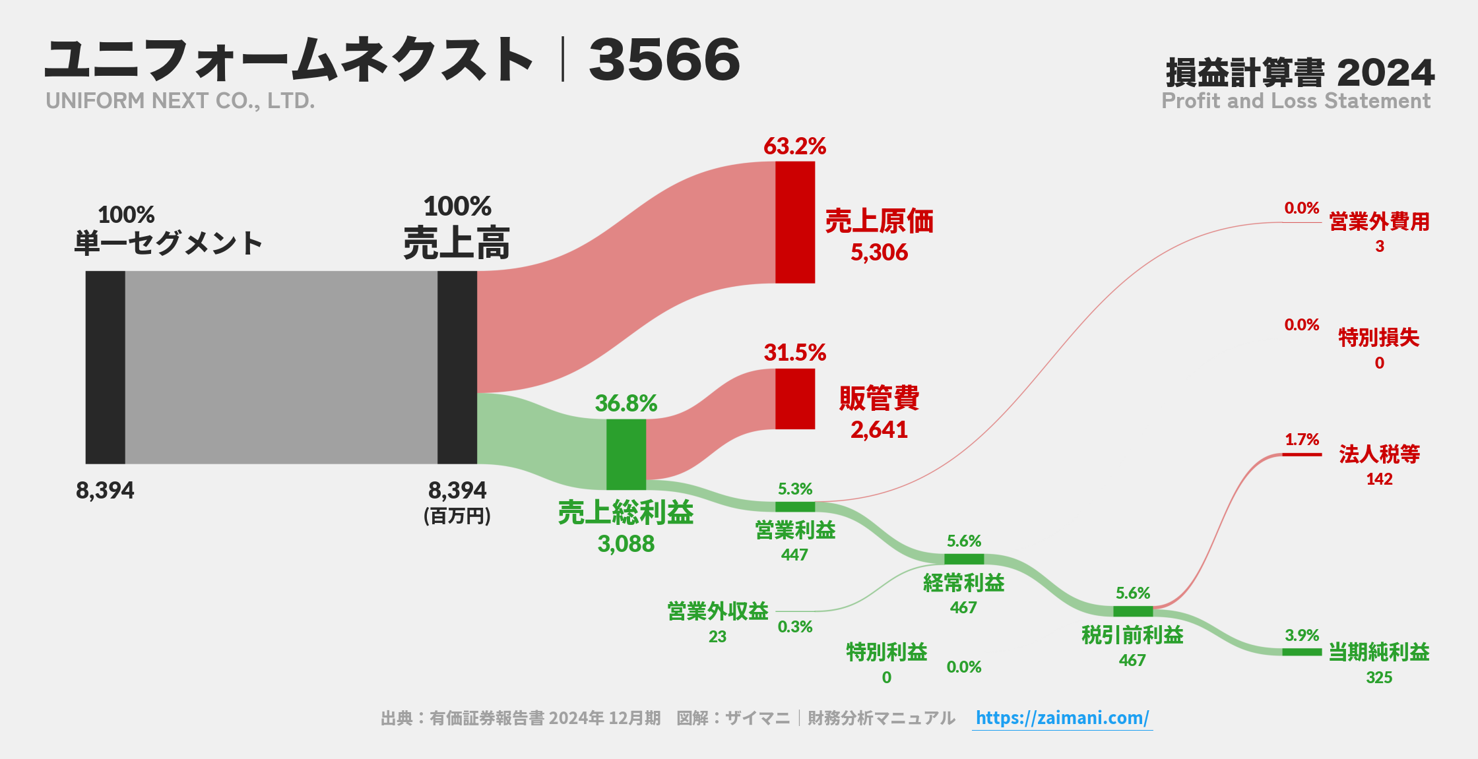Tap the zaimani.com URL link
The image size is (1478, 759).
pos(1062,717)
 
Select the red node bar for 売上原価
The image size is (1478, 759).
pos(794,222)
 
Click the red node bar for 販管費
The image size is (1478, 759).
pos(794,398)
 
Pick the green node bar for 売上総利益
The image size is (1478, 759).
pos(626,454)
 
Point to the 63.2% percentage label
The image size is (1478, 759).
pos(794,146)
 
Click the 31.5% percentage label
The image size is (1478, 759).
pos(794,353)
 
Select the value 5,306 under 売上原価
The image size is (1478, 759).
pos(879,253)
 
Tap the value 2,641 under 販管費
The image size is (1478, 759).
pos(879,430)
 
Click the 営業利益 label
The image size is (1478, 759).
pos(795,530)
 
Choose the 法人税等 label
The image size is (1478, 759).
pos(1379,454)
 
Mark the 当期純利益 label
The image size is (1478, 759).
pos(1378,652)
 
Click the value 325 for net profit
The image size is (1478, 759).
pos(1378,677)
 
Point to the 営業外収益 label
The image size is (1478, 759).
pos(717,611)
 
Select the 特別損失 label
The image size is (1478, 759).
pos(1378,338)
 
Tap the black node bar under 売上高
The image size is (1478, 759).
pos(457,367)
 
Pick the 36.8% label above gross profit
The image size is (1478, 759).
pos(626,403)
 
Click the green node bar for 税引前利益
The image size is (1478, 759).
pos(1132,611)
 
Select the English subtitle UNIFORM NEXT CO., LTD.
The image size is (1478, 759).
pos(180,101)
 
